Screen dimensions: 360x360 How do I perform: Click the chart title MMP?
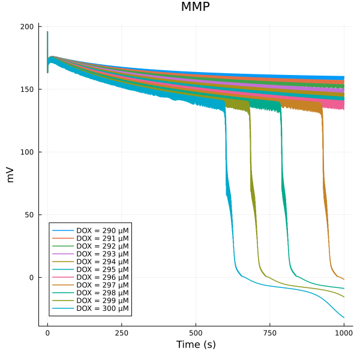coord(195,7)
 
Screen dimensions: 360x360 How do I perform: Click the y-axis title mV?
coord(10,175)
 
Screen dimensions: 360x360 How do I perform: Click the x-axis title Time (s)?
coord(196,345)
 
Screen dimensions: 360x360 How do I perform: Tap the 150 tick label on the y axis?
coord(27,89)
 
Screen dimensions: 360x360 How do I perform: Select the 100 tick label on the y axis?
coord(27,152)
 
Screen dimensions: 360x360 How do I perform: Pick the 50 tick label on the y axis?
coord(29,215)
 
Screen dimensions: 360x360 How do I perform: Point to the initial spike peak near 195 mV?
coord(47,32)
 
